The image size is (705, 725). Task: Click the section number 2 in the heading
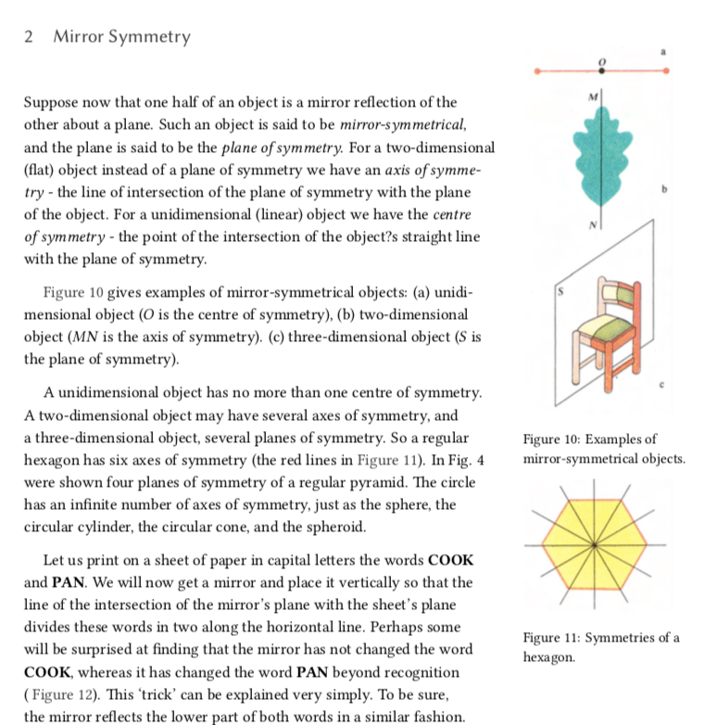[28, 37]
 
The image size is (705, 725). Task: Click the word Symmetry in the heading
[149, 37]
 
